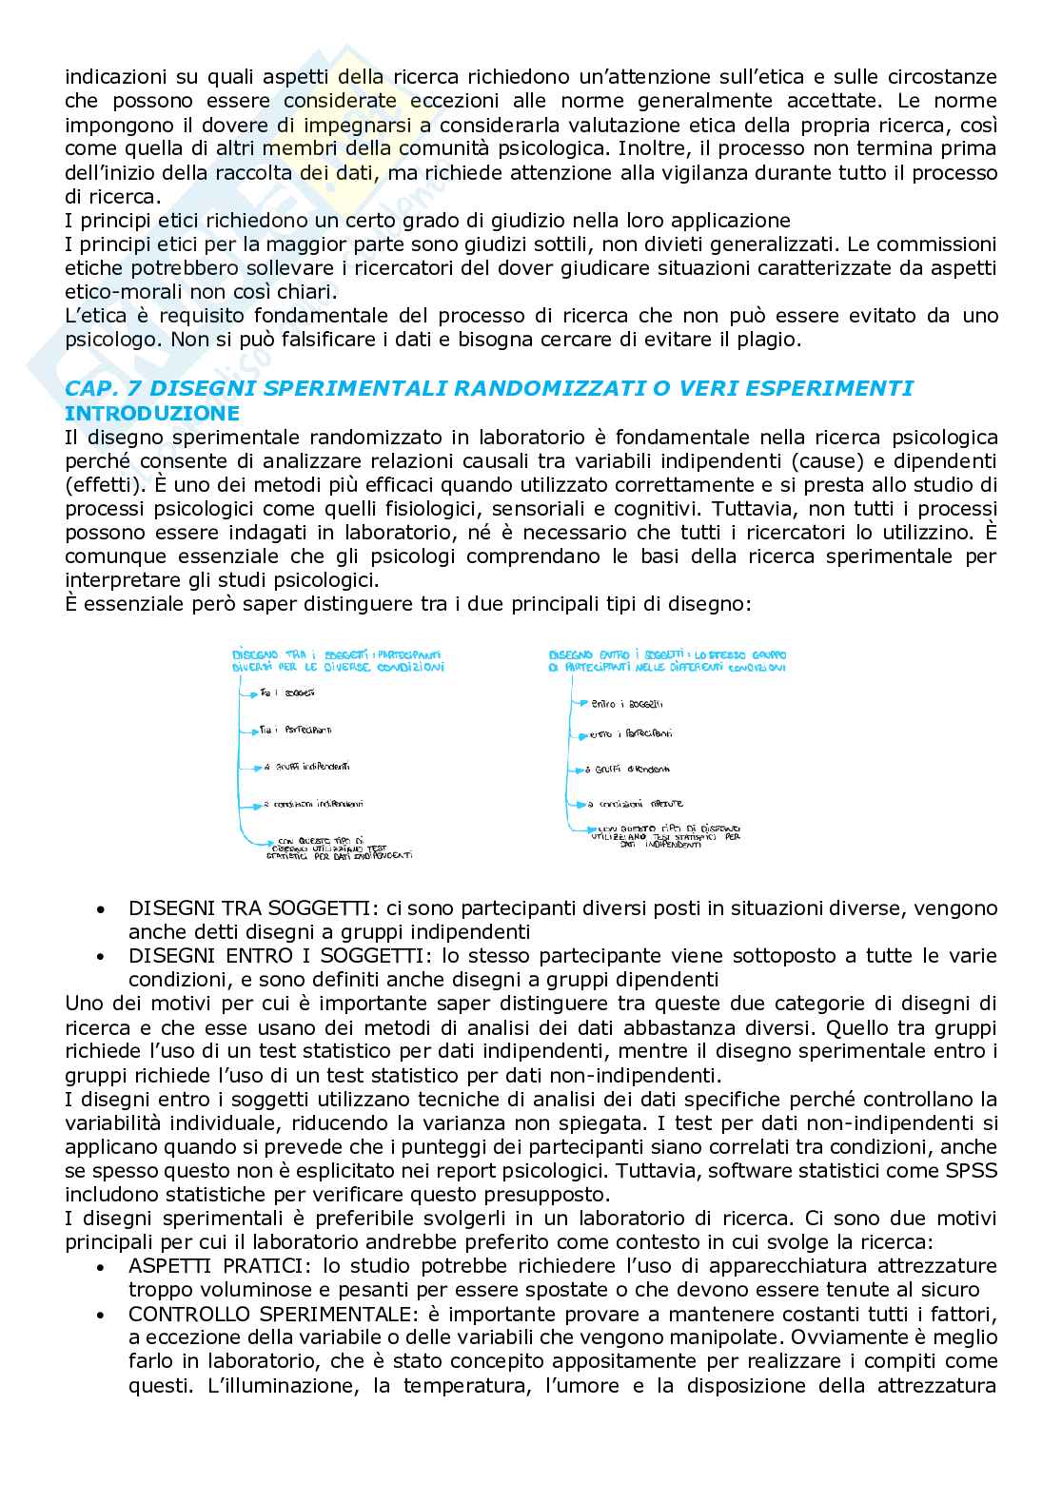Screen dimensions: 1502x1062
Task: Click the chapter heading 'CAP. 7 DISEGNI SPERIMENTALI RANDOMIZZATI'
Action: (488, 388)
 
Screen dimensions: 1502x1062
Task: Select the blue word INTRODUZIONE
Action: (151, 414)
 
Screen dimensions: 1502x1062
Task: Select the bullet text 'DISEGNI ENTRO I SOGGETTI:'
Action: (252, 955)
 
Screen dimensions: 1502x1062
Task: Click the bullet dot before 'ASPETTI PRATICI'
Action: (101, 1268)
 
